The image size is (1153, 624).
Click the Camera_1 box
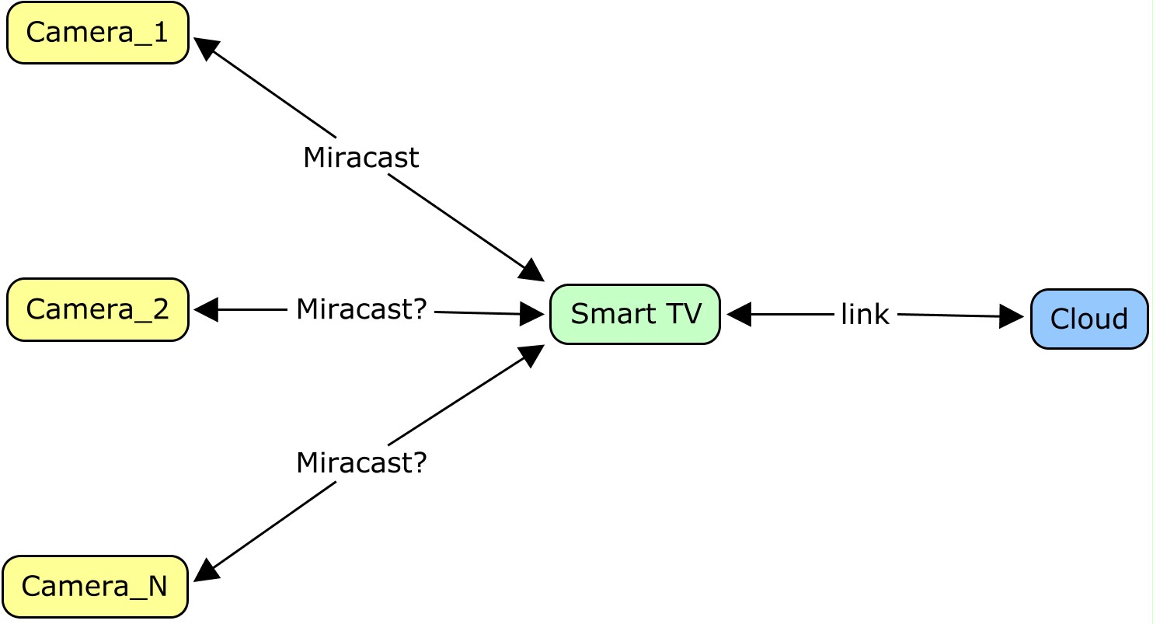coord(98,33)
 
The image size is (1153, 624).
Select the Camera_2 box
coord(98,309)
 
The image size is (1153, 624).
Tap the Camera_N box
coord(96,586)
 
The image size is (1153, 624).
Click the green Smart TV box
coord(635,314)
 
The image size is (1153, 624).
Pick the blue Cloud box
coord(1089,319)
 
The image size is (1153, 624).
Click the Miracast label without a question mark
coord(361,158)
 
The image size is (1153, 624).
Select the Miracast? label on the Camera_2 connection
coord(361,309)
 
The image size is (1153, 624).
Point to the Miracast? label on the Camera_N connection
coord(361,463)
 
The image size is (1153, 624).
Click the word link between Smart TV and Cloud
coord(864,315)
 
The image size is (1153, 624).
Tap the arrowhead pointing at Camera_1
coord(205,47)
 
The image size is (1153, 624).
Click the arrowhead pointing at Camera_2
coord(205,309)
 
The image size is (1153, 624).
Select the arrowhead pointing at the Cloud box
coord(1011,316)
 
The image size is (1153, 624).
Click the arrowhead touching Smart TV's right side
coord(739,314)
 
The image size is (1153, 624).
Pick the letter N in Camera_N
coord(158,586)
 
